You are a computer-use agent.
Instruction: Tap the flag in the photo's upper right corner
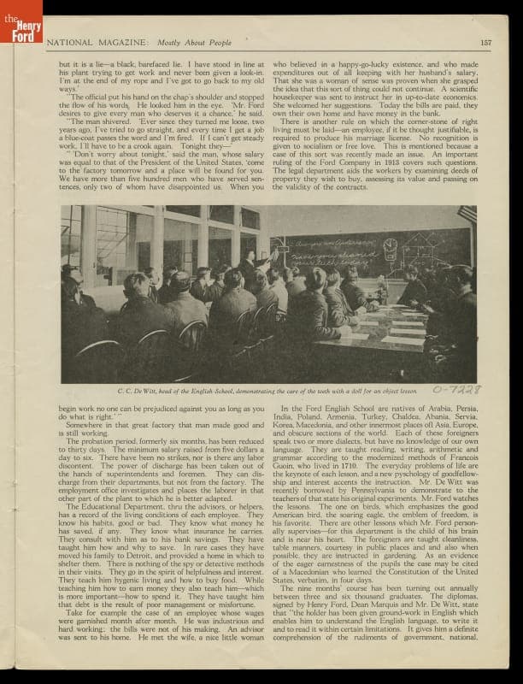[x=467, y=213]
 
